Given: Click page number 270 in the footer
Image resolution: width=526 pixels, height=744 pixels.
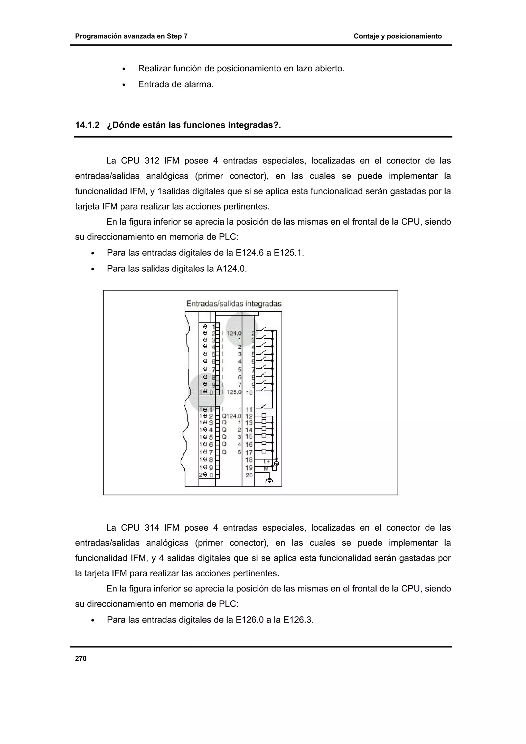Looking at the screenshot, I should point(81,659).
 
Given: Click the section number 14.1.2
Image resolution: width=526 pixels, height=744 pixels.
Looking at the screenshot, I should point(88,125).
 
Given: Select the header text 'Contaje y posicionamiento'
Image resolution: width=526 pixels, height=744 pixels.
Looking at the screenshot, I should point(397,36).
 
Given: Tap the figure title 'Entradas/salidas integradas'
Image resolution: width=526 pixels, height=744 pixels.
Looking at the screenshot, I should point(234,304).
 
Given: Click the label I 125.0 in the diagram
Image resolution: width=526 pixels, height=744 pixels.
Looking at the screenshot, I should point(233,392).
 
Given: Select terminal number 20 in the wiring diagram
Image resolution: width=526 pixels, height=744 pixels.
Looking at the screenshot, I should point(249,475).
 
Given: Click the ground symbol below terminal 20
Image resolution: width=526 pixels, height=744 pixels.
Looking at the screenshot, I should point(270,480).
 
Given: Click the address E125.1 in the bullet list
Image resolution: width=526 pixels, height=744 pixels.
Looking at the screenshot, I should point(288,253).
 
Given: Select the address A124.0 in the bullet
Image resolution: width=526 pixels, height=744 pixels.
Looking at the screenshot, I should point(231,269).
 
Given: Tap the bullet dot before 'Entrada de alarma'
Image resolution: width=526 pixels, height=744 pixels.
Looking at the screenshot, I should point(124,85).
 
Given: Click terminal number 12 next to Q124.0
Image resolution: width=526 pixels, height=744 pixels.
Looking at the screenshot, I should point(249,416).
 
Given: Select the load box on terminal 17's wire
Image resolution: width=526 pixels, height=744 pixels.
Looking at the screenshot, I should point(264,451).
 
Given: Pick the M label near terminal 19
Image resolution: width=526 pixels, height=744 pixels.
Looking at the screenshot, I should point(266,469).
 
